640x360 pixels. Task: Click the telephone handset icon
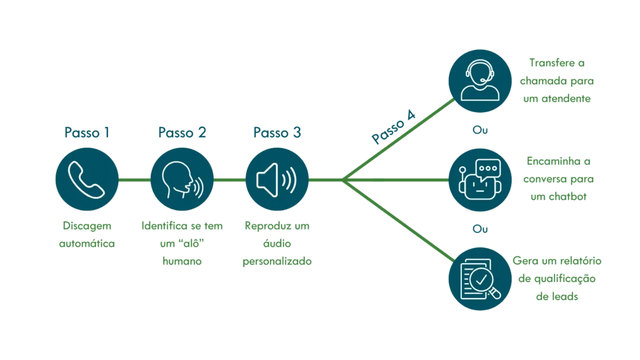87,180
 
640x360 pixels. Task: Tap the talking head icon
182,180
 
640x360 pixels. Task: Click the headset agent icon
479,81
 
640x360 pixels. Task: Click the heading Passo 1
87,132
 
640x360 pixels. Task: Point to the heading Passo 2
182,132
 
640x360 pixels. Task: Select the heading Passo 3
277,132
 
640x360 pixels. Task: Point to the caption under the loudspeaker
277,243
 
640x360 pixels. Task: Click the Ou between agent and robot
479,131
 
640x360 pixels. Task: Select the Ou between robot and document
479,230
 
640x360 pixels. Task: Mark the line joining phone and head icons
134,180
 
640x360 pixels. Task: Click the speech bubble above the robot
488,167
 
